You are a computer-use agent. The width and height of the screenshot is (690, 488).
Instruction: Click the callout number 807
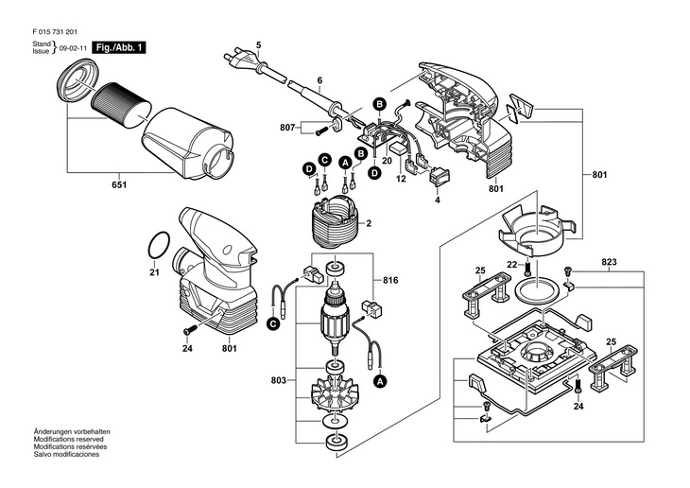click(287, 128)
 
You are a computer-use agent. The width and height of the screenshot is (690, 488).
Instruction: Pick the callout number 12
click(401, 178)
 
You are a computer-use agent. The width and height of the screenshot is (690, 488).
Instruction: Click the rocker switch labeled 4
click(440, 175)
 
